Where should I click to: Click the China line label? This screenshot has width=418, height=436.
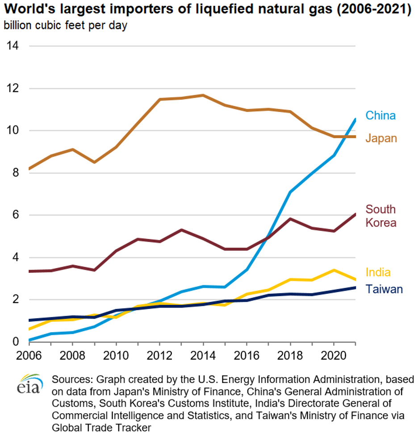pyautogui.click(x=380, y=115)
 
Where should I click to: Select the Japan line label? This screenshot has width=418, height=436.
pyautogui.click(x=381, y=138)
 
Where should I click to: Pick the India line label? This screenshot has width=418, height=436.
pyautogui.click(x=378, y=272)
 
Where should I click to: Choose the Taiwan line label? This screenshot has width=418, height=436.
pyautogui.click(x=384, y=289)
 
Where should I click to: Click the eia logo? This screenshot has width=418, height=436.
pyautogui.click(x=30, y=384)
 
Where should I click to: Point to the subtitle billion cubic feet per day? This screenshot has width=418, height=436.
pyautogui.click(x=66, y=25)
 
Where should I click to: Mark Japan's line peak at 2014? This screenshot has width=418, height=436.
pyautogui.click(x=203, y=95)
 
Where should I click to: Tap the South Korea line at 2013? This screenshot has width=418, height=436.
pyautogui.click(x=181, y=230)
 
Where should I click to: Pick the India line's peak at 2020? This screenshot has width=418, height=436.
pyautogui.click(x=334, y=270)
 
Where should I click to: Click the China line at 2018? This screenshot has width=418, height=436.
pyautogui.click(x=290, y=192)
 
